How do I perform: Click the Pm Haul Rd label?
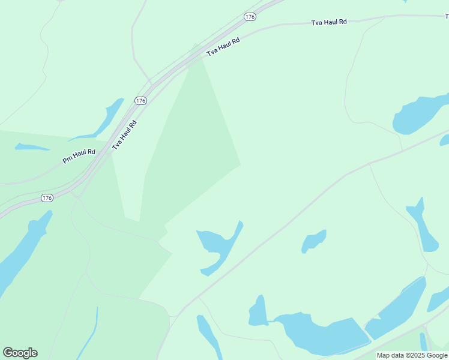coord(79,156)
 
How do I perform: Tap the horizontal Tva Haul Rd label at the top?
coord(329,22)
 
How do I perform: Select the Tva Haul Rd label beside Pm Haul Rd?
coord(124,135)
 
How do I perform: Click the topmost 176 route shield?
coord(250,17)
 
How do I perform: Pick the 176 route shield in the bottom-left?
coord(47,197)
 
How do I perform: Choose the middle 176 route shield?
coord(140,101)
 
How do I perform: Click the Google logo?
coord(20,353)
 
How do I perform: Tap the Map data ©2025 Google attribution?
coord(412,355)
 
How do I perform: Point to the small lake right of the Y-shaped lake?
coord(313,241)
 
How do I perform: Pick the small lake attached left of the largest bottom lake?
coord(258,312)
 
